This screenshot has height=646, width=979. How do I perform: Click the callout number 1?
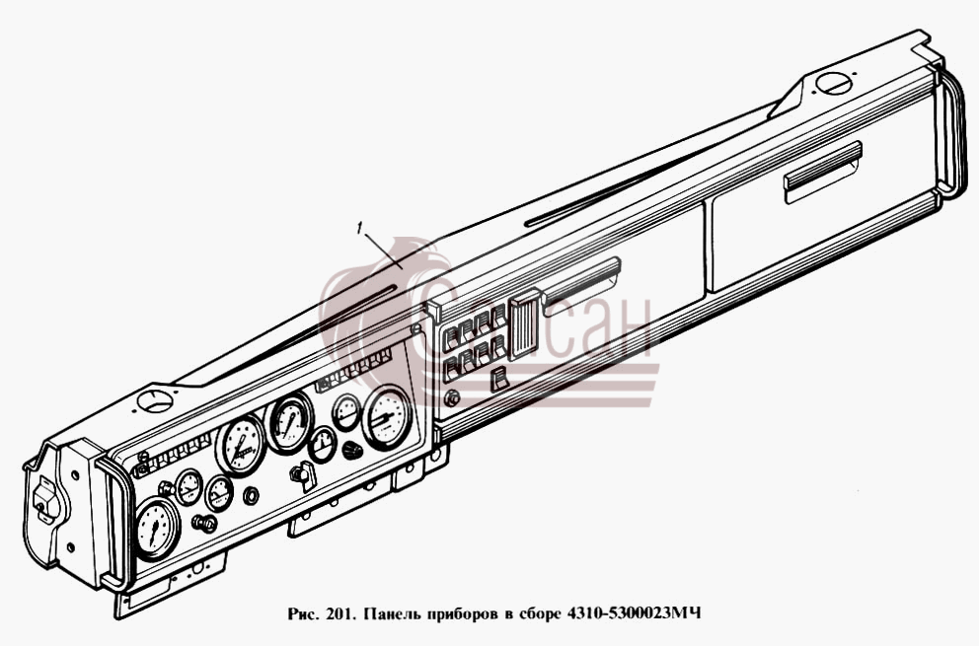359,229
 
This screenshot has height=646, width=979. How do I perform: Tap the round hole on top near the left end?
156,400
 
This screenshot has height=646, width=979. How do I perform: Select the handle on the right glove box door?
823,172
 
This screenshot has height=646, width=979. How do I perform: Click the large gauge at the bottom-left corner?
156,529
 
